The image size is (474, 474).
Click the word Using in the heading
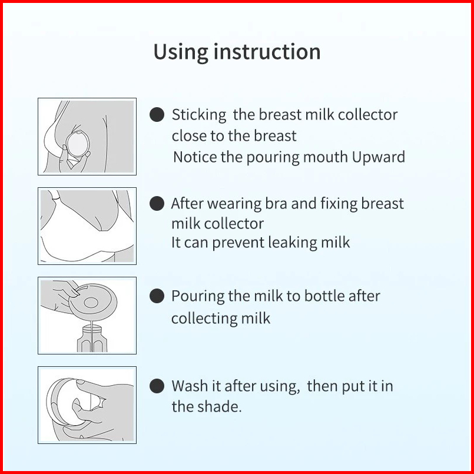(x=180, y=52)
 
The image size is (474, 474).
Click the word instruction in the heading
(x=267, y=52)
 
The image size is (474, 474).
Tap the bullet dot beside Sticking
(x=157, y=115)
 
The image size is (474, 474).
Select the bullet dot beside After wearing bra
(x=157, y=203)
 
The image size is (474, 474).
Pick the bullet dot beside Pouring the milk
(x=157, y=296)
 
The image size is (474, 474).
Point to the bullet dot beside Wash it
(x=157, y=386)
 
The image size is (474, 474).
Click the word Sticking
(x=199, y=115)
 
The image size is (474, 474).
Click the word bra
(x=276, y=204)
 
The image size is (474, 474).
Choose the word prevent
(x=238, y=243)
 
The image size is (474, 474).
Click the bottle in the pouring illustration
(x=92, y=339)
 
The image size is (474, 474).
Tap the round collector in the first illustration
(x=78, y=144)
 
